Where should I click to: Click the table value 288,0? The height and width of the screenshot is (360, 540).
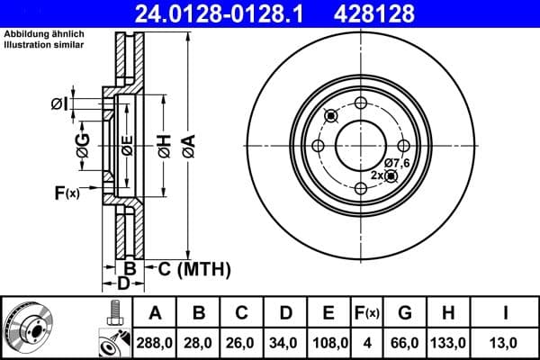pos(156,342)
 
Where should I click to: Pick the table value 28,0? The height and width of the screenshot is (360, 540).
pos(199,342)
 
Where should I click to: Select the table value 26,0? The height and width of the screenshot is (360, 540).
pos(242,342)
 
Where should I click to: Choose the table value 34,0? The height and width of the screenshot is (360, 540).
pos(285,342)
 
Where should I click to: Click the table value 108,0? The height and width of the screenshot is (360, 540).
pos(328,342)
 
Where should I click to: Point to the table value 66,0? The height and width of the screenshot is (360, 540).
pos(405,342)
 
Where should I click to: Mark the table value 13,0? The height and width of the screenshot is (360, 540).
pos(507,342)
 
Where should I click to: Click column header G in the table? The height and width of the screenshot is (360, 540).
pos(405,313)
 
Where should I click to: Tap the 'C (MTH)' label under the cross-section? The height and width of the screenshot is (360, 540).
pos(194,268)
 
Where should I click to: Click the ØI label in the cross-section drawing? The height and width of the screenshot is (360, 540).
pos(58,104)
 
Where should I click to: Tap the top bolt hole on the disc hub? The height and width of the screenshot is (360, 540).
pos(362,102)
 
